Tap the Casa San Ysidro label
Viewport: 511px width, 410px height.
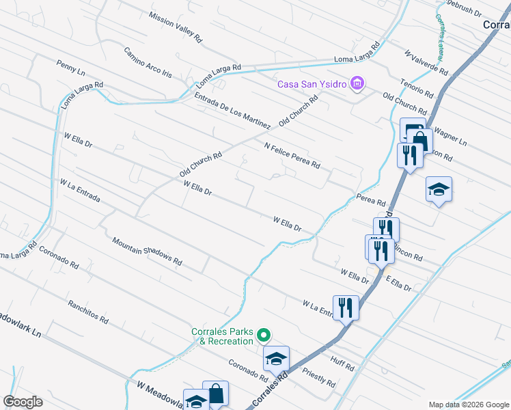click(312, 85)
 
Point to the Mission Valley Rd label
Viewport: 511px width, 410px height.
click(175, 25)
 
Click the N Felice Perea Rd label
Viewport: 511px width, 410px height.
click(292, 155)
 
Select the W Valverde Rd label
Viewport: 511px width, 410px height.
click(426, 62)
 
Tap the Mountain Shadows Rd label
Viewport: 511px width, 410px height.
click(148, 251)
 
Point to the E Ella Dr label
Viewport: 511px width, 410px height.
click(398, 284)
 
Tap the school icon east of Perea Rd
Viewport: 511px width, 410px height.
click(438, 189)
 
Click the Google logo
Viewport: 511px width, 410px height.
click(23, 401)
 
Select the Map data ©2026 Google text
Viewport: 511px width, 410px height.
click(468, 405)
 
